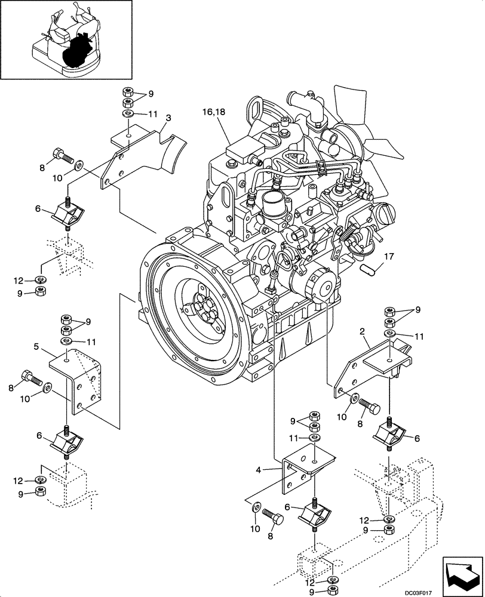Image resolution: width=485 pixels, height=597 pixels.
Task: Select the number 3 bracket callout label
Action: click(168, 118)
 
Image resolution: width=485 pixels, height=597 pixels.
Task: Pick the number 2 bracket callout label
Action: click(362, 330)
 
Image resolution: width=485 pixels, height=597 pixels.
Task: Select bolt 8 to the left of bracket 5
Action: click(31, 377)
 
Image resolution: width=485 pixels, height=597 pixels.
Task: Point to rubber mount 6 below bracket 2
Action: click(391, 433)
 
